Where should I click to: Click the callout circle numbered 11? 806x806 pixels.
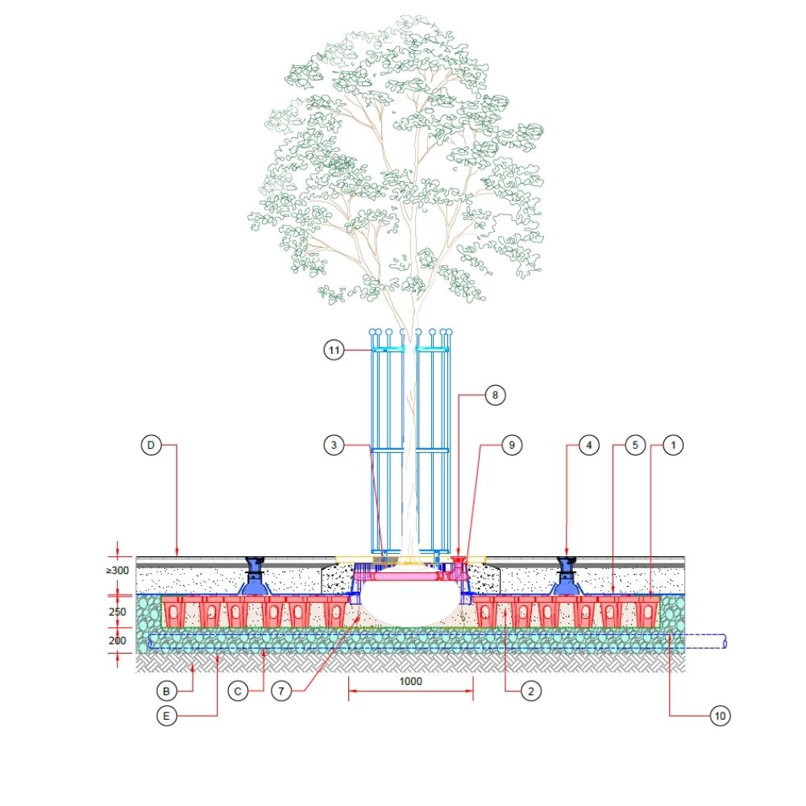pyautogui.click(x=334, y=350)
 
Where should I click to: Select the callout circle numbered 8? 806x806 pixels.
pyautogui.click(x=495, y=395)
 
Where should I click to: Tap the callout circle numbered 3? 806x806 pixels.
pyautogui.click(x=334, y=444)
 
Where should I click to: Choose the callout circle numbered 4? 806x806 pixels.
pyautogui.click(x=590, y=444)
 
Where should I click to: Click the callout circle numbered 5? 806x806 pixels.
pyautogui.click(x=635, y=444)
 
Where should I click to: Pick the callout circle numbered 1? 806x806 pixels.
pyautogui.click(x=674, y=444)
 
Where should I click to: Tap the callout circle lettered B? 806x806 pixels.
pyautogui.click(x=166, y=691)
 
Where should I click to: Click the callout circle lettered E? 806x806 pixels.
pyautogui.click(x=166, y=715)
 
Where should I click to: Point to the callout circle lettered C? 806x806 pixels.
pyautogui.click(x=238, y=691)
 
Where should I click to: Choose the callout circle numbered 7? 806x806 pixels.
pyautogui.click(x=280, y=691)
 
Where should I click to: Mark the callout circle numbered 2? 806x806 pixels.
pyautogui.click(x=531, y=691)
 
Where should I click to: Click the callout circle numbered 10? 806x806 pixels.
pyautogui.click(x=721, y=715)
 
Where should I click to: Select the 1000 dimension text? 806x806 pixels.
pyautogui.click(x=411, y=680)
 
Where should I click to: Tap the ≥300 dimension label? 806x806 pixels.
pyautogui.click(x=118, y=571)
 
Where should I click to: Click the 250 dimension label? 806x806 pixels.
pyautogui.click(x=118, y=611)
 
